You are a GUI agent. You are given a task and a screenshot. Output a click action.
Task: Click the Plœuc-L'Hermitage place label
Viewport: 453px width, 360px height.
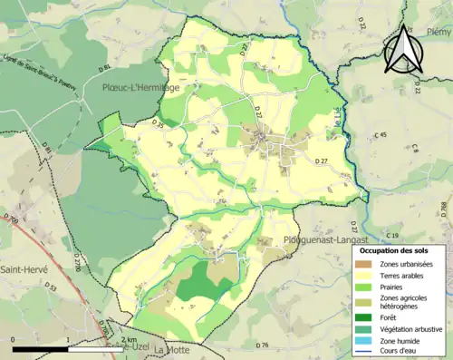point(147,88)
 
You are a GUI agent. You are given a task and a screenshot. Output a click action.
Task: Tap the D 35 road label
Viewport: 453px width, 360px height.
point(159,122)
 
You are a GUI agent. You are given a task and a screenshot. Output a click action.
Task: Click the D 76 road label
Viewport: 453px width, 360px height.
point(263,345)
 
